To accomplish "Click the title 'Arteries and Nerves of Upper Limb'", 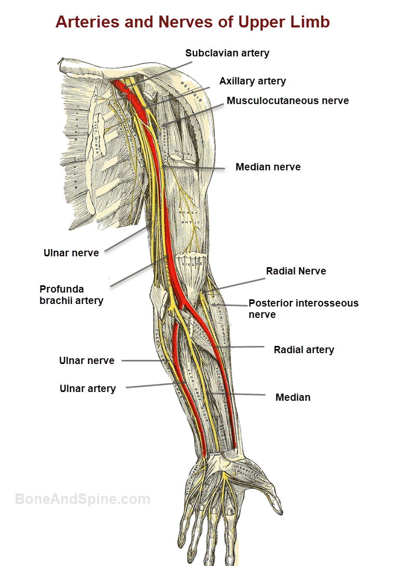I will tap(192, 22).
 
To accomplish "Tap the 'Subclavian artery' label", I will tap(227, 53).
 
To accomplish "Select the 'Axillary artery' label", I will tap(252, 81).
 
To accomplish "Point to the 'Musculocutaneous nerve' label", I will tap(287, 100).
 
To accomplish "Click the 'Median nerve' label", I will tap(268, 167).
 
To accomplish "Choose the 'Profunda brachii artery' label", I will tap(71, 295).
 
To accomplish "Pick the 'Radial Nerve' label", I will tap(296, 271).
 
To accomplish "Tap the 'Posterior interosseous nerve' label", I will tap(303, 309).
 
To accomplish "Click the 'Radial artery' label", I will tap(303, 350).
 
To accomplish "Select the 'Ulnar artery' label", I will tap(88, 388).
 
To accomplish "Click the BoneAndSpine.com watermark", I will tap(82, 499).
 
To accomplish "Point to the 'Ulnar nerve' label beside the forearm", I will tap(87, 360).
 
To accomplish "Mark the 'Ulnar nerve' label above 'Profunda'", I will tap(71, 253).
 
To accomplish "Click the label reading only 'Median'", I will tap(293, 397).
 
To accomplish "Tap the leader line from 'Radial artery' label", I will tap(244, 348).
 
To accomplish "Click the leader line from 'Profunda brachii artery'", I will tap(137, 270).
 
